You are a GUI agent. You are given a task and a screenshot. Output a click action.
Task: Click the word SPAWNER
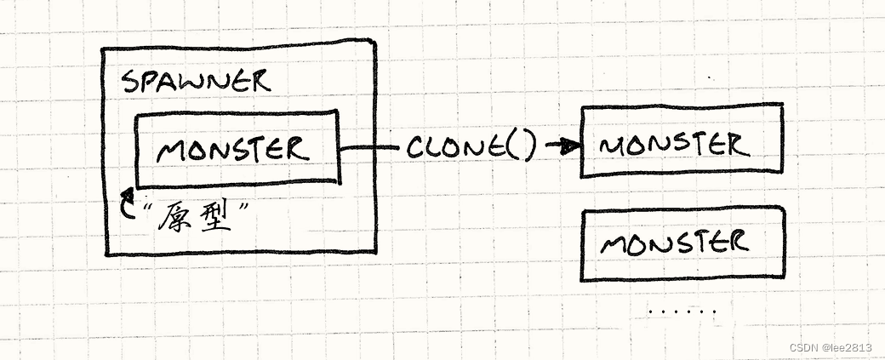click(196, 83)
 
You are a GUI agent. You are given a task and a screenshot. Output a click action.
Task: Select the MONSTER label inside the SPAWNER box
click(232, 149)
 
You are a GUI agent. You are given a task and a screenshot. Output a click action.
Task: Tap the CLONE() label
click(471, 148)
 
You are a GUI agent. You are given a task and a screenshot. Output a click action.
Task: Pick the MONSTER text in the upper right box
click(675, 145)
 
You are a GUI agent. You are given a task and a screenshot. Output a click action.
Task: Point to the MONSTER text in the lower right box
click(675, 243)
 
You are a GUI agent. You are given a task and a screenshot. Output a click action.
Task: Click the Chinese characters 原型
click(195, 216)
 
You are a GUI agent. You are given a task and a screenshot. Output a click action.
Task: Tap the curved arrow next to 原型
click(128, 202)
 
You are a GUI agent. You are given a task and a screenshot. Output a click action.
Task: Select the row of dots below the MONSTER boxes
click(682, 311)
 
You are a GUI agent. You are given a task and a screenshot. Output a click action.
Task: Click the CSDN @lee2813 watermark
click(831, 347)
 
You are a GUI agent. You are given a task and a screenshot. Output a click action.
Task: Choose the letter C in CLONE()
click(416, 148)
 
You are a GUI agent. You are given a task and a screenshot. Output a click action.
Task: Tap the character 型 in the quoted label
click(215, 217)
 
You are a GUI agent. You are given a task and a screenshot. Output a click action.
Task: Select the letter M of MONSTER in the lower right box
click(614, 245)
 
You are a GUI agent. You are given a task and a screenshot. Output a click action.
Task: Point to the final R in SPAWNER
click(259, 83)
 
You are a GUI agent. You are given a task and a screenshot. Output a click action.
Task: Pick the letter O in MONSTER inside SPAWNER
click(195, 151)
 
